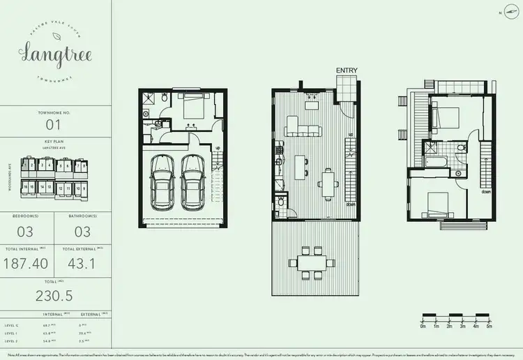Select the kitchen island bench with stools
303,168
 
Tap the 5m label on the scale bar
490,326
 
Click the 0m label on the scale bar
423,326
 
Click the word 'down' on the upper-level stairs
485,190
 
